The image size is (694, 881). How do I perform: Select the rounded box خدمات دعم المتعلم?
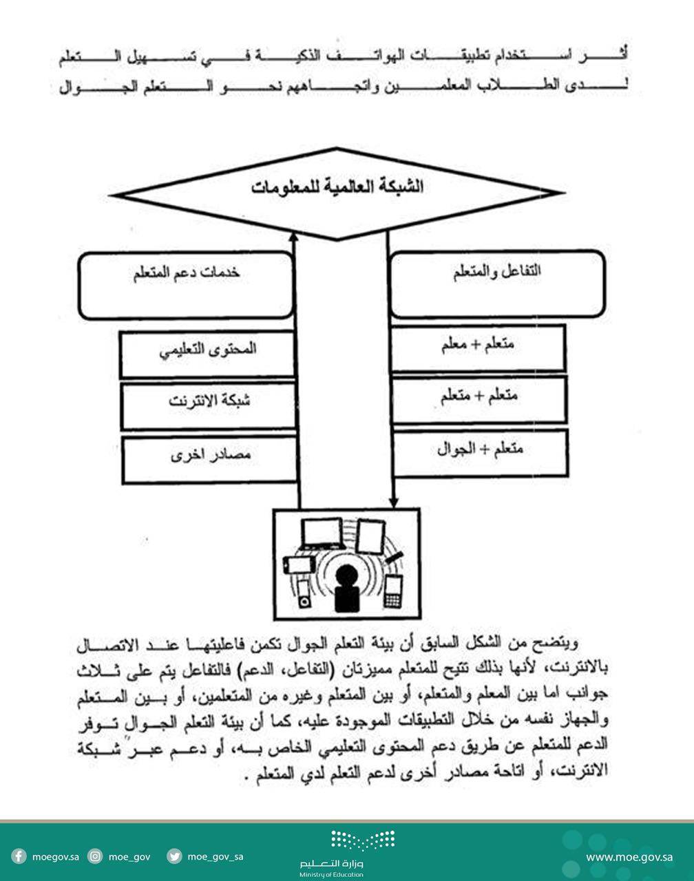point(186,284)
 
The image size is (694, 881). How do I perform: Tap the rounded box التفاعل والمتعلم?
point(497,283)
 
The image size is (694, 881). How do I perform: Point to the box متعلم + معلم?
point(479,348)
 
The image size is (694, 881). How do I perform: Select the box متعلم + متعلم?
point(479,400)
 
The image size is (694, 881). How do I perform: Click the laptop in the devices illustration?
point(322,533)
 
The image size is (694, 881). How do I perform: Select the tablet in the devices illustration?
point(370,536)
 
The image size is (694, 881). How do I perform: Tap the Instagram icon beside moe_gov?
point(96,857)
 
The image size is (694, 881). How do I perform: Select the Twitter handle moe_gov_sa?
point(215,857)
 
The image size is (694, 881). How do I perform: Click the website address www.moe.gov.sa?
point(629,857)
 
